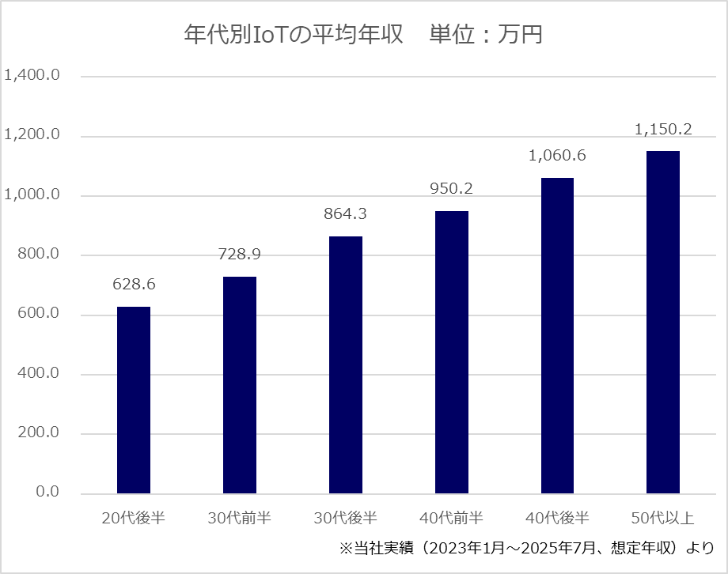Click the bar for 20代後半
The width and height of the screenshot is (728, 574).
click(x=134, y=400)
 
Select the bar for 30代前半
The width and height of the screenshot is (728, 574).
click(x=240, y=385)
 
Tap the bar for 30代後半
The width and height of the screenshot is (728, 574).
click(x=346, y=364)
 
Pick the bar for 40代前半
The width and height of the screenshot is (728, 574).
click(x=452, y=352)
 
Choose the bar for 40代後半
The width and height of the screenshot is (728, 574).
click(x=557, y=335)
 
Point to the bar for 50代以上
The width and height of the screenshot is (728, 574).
click(x=663, y=322)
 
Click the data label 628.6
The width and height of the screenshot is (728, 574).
click(x=134, y=284)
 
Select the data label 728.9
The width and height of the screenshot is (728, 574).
click(x=240, y=254)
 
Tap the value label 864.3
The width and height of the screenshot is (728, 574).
click(x=346, y=213)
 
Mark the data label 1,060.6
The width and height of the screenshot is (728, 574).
click(x=557, y=156)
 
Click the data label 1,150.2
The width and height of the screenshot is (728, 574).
click(x=663, y=129)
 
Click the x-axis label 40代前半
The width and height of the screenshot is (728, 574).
click(x=452, y=519)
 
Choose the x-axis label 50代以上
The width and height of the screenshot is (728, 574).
click(x=663, y=519)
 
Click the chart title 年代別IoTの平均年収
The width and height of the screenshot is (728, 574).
click(x=294, y=36)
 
